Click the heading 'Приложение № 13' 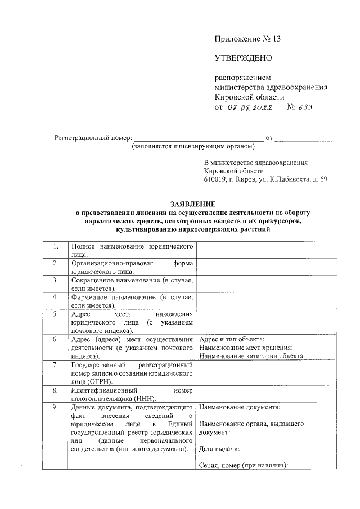247,39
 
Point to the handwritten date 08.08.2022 249,107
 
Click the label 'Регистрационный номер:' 91,137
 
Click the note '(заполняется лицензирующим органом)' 193,146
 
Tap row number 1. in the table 55,247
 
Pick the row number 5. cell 55,314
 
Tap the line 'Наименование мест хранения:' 246,348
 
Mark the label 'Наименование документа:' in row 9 240,407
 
